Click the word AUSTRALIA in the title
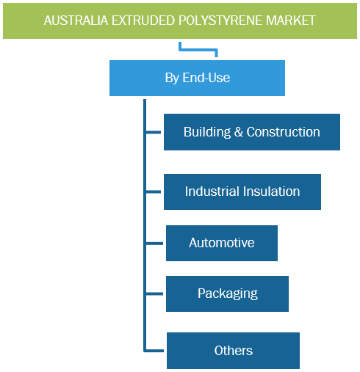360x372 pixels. pyautogui.click(x=76, y=21)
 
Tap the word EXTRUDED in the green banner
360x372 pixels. pyautogui.click(x=144, y=21)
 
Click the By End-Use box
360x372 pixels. pyautogui.click(x=197, y=78)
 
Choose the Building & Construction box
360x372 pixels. pyautogui.click(x=252, y=132)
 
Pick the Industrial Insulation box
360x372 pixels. pyautogui.click(x=242, y=192)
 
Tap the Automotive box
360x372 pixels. pyautogui.click(x=222, y=243)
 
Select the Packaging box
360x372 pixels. pyautogui.click(x=227, y=293)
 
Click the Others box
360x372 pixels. pyautogui.click(x=233, y=351)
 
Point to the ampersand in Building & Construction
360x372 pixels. pyautogui.click(x=238, y=132)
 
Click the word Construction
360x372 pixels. pyautogui.click(x=283, y=132)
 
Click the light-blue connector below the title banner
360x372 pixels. pyautogui.click(x=198, y=50)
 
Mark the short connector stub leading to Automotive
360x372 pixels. pyautogui.click(x=154, y=244)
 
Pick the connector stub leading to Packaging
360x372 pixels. pyautogui.click(x=154, y=293)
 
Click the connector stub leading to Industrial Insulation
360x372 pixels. pyautogui.click(x=154, y=192)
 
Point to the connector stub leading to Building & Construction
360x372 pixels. pyautogui.click(x=154, y=132)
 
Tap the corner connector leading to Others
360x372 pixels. pyautogui.click(x=145, y=351)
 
